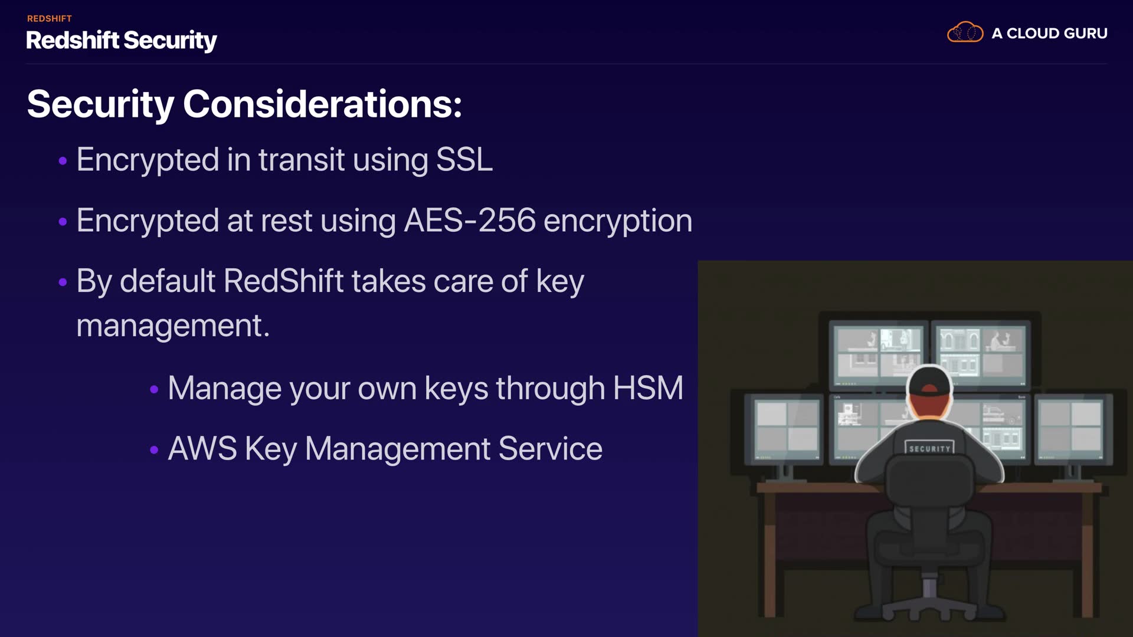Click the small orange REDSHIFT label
coord(50,19)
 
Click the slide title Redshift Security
coord(122,40)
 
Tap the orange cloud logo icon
coord(965,32)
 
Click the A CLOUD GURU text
coord(1049,33)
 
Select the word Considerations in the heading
coord(322,104)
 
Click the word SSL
coord(464,159)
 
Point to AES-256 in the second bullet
coord(470,220)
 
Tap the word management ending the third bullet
coord(173,326)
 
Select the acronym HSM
coord(648,388)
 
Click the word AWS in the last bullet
coord(202,448)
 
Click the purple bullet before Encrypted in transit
coord(63,160)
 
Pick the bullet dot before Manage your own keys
coord(154,389)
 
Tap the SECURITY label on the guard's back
coord(929,449)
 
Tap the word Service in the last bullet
coord(551,448)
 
